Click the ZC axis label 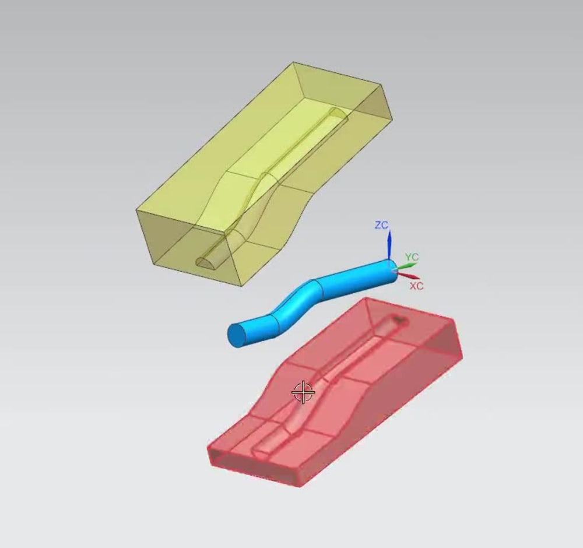click(381, 225)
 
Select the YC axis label click(412, 257)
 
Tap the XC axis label click(416, 286)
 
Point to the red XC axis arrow click(410, 276)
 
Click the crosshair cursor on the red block click(303, 392)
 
